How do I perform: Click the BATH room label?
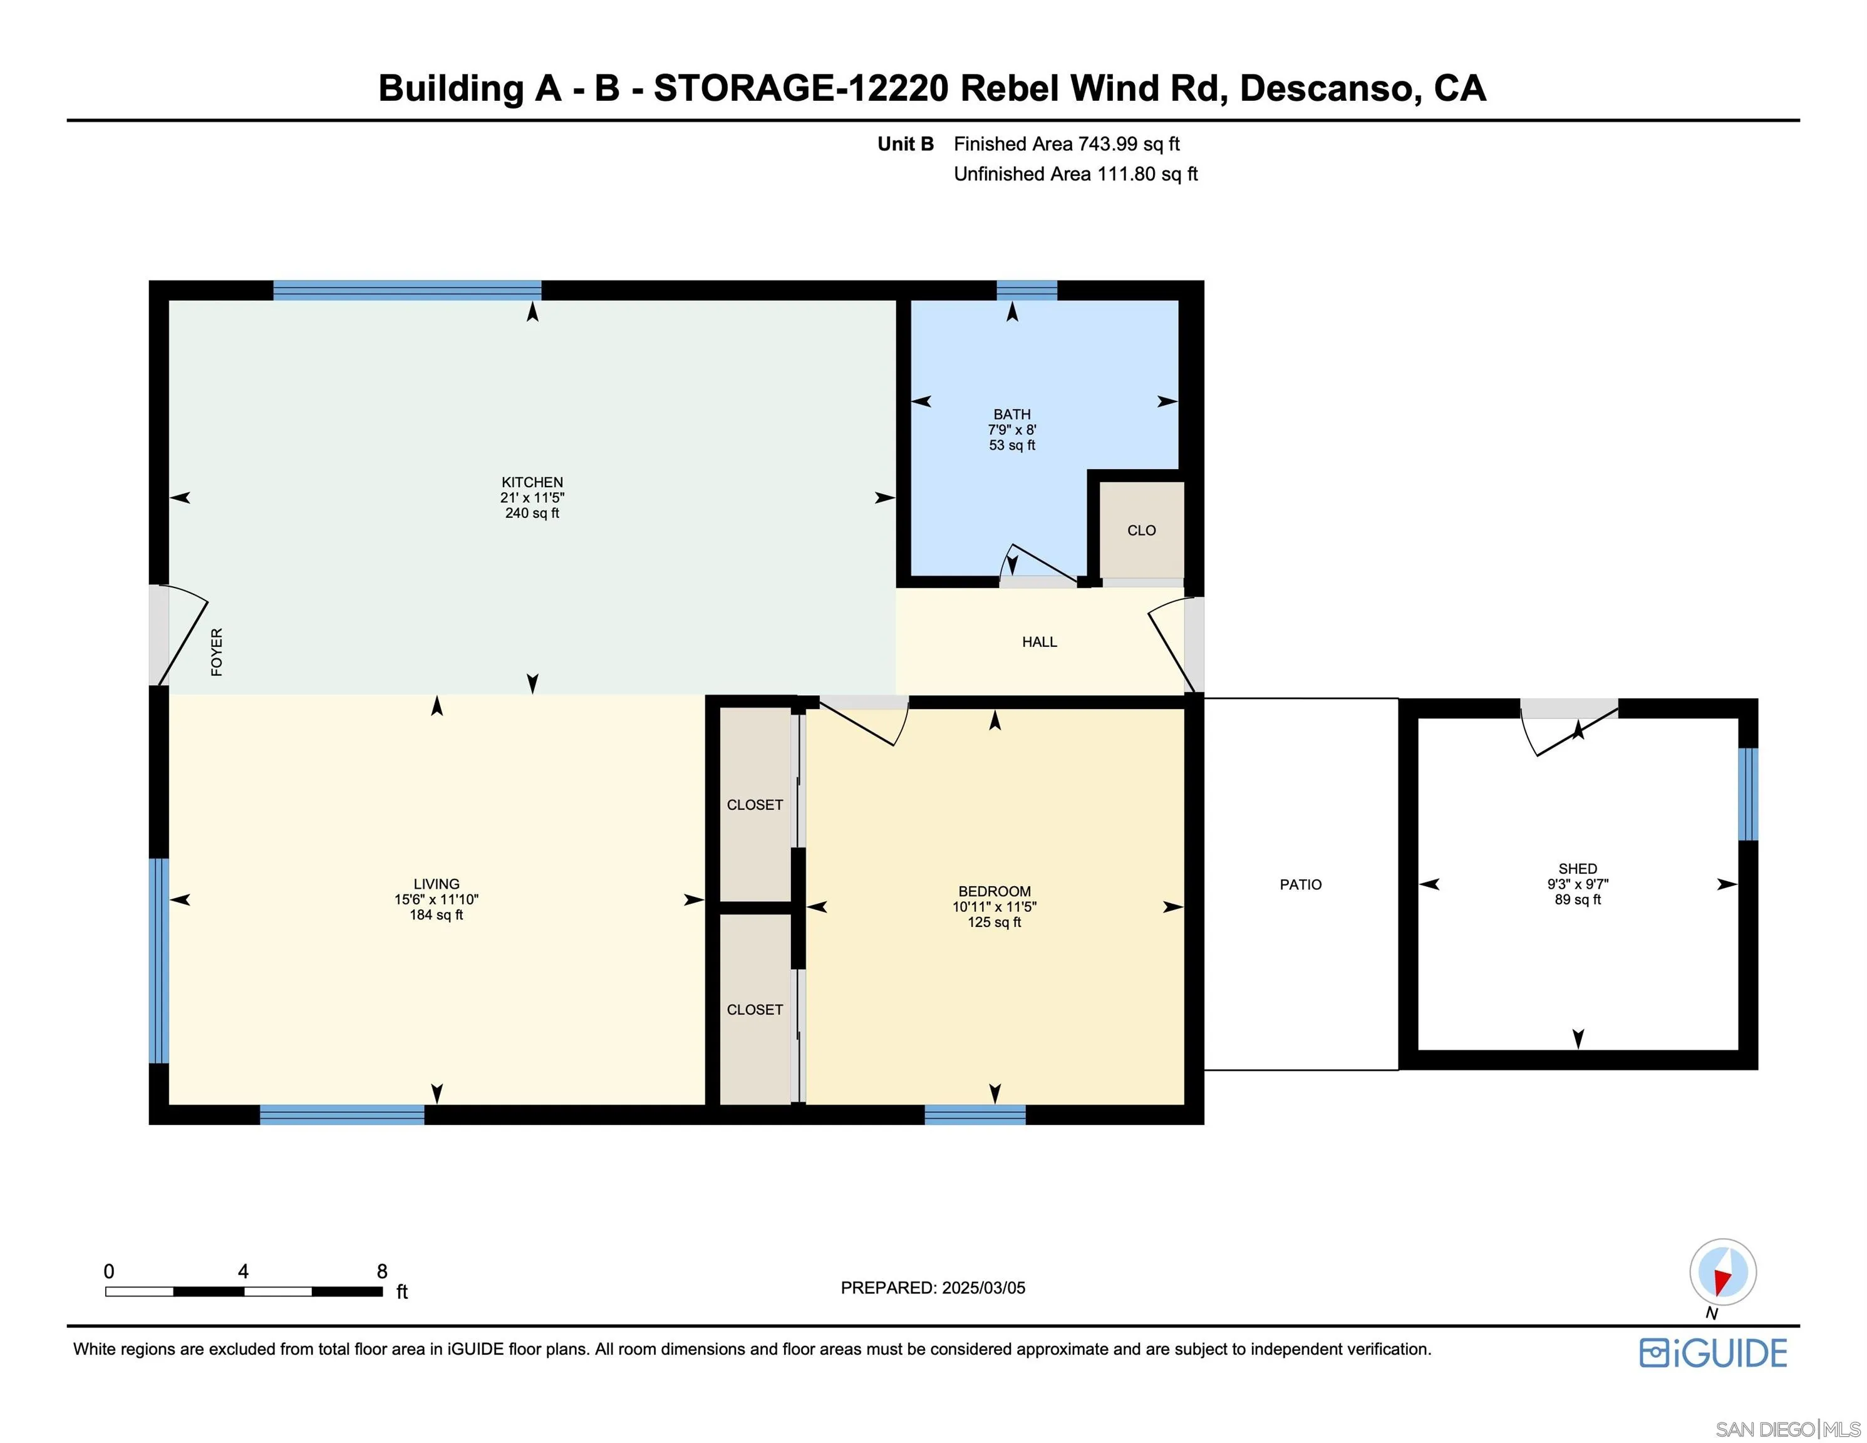(1011, 414)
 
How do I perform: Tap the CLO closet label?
(1140, 530)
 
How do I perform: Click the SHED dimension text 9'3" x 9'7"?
(1577, 884)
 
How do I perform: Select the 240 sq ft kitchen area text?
(532, 513)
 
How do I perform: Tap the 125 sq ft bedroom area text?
(993, 923)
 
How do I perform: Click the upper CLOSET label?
(754, 804)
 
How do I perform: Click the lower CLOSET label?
(754, 1010)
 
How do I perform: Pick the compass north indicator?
(1722, 1271)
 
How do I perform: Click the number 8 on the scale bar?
(382, 1271)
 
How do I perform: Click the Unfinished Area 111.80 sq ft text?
(1075, 173)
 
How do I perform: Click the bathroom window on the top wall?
(1027, 290)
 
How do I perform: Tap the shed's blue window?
(1748, 794)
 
